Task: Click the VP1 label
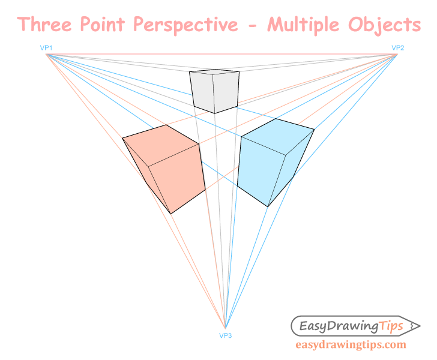click(x=46, y=48)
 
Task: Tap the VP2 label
click(x=398, y=48)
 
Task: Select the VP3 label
click(x=226, y=335)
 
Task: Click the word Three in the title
click(x=45, y=25)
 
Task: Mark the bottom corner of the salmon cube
click(x=171, y=214)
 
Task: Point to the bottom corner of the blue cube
click(x=268, y=206)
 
